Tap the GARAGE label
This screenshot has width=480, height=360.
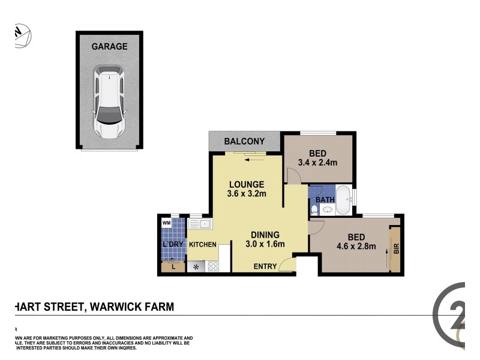[109, 46]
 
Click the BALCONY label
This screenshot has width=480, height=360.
[244, 142]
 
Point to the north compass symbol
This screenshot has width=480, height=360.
[21, 35]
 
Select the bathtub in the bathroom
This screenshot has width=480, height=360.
[343, 200]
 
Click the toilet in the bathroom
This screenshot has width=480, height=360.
[314, 209]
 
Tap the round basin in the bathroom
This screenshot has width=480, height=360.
[327, 209]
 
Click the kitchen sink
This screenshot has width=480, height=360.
[200, 224]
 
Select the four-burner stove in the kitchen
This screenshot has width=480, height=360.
[213, 266]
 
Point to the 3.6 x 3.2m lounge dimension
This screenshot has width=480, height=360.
[247, 193]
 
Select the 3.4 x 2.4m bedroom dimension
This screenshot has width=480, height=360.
[318, 162]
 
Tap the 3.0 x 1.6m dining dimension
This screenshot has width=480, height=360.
[264, 244]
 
